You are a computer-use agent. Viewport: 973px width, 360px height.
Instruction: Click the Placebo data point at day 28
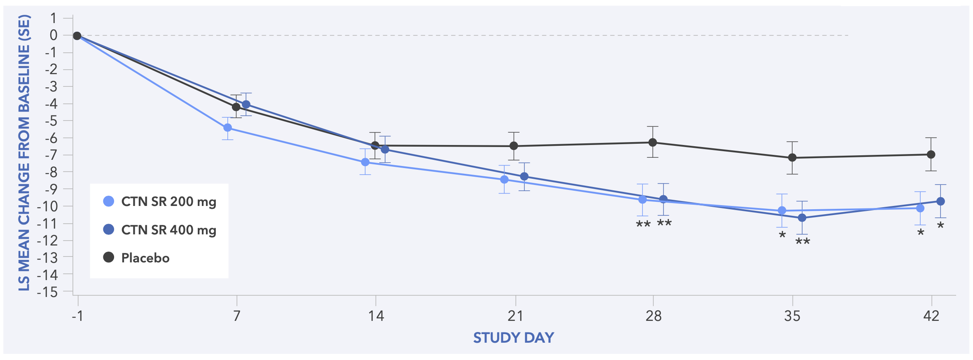(653, 142)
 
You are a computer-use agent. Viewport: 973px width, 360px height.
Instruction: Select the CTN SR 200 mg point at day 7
(227, 128)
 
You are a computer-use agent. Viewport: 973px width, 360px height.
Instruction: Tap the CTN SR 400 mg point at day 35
(802, 217)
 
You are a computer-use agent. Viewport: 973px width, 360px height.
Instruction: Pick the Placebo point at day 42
(931, 154)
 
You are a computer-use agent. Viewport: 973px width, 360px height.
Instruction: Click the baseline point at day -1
(77, 36)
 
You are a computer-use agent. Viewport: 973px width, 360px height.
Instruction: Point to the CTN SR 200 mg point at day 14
(365, 162)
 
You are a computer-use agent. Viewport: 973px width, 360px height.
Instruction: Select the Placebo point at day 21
(514, 146)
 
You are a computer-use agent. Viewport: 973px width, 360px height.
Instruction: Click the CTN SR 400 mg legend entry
(168, 230)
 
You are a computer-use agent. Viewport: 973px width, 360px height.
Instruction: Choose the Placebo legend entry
(145, 258)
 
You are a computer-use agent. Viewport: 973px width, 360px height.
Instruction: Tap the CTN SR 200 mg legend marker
(108, 201)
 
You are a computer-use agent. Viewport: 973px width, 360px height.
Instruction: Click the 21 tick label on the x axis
(515, 316)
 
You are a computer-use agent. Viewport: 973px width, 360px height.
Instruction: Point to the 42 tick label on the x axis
(931, 316)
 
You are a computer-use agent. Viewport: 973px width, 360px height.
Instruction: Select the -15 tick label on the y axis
(48, 292)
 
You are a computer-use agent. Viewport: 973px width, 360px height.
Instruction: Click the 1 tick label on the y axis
(54, 18)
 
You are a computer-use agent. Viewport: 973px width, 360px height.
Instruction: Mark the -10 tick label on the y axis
(48, 206)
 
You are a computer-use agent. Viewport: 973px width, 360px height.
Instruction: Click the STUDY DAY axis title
(513, 338)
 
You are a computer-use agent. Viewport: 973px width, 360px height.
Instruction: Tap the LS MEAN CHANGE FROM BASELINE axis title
(24, 152)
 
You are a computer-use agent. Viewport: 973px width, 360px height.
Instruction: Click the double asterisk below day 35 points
(802, 242)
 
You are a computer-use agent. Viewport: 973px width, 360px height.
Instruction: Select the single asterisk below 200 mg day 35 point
(782, 236)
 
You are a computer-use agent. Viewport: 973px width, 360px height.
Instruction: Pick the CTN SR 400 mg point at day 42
(940, 201)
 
